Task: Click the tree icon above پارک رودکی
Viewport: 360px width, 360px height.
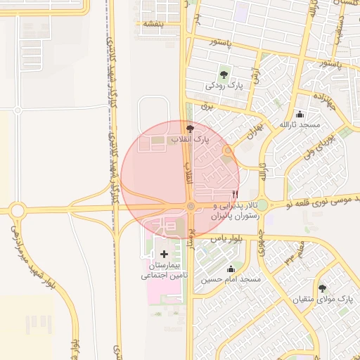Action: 224,72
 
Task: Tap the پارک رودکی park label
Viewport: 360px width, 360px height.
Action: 224,85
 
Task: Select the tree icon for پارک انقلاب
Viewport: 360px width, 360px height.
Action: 190,129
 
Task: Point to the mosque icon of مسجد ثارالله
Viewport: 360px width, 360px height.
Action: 300,115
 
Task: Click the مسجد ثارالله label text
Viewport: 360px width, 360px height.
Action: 300,124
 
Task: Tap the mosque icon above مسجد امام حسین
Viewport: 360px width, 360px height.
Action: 231,269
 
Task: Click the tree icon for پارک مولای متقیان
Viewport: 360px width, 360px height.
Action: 322,288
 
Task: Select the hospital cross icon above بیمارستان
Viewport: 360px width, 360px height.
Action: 164,254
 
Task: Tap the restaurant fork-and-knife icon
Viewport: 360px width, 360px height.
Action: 235,194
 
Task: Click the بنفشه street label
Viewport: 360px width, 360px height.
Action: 154,23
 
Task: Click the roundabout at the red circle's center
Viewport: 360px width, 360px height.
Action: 191,206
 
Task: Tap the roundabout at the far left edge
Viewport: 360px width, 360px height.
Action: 16,210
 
